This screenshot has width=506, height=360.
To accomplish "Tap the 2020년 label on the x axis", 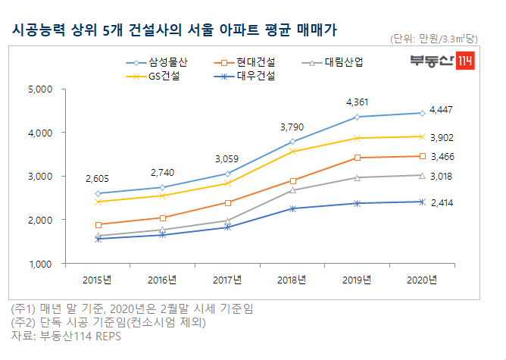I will point(421,279).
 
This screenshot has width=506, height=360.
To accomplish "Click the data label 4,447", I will point(441,111).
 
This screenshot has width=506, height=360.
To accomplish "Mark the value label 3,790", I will point(292,126).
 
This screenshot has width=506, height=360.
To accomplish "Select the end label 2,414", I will point(441,202).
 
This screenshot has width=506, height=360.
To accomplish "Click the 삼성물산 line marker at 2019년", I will point(357,117).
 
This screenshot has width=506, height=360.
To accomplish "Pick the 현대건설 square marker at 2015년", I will point(99,224).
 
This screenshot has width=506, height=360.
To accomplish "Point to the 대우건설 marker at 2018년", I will point(292,208).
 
